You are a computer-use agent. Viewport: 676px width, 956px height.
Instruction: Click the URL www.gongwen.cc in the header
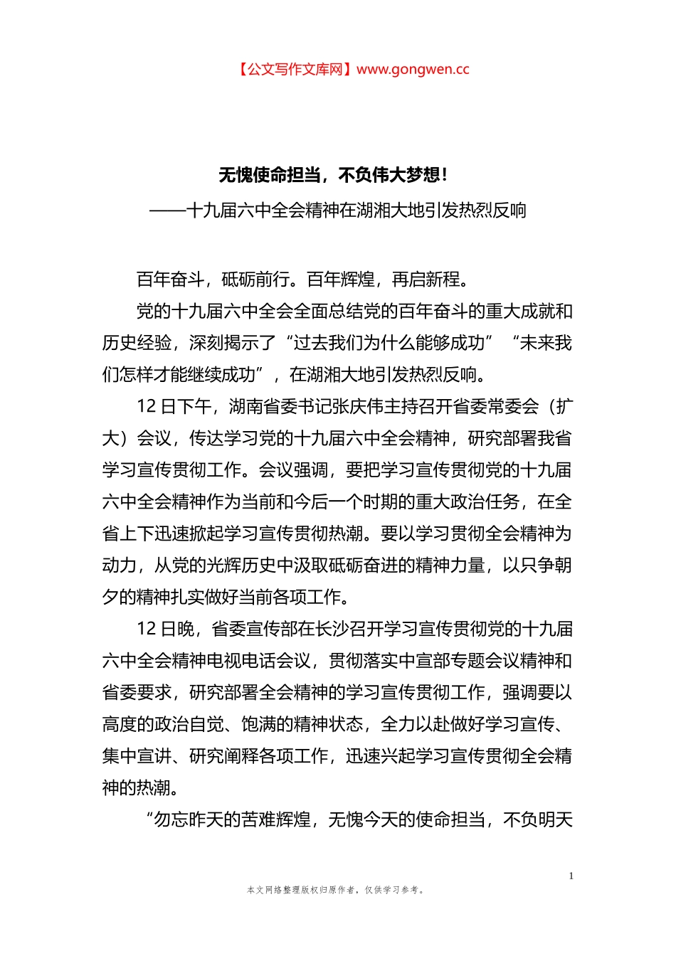tap(413, 69)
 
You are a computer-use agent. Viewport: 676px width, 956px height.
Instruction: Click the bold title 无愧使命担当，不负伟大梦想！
tap(333, 175)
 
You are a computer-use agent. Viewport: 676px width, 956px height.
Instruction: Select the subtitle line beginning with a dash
tap(338, 211)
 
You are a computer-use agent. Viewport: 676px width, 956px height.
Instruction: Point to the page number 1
tap(571, 876)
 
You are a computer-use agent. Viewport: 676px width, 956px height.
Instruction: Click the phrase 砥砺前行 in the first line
tap(255, 280)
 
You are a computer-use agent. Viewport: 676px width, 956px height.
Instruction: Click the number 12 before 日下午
tap(146, 407)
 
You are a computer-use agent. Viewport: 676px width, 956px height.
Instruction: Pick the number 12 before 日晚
tap(146, 629)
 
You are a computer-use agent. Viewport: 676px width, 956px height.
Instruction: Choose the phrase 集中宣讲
tap(137, 756)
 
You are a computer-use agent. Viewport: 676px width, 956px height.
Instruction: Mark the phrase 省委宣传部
tap(255, 629)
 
